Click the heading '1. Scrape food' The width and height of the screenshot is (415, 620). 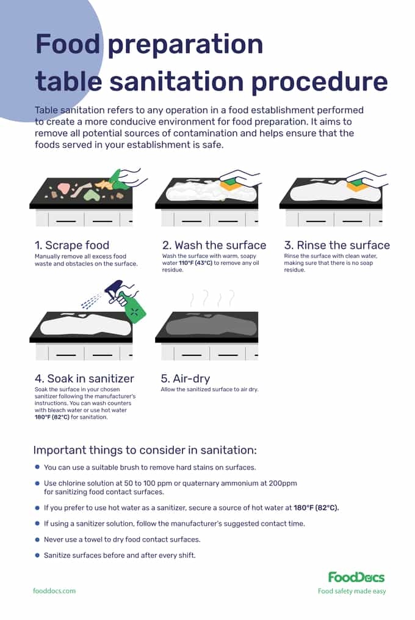tap(72, 245)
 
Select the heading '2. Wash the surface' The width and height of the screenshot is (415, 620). tap(214, 245)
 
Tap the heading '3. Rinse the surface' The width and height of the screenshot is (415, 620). tap(337, 245)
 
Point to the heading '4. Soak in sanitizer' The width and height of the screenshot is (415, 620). tap(84, 378)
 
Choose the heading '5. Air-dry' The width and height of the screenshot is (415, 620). tap(186, 378)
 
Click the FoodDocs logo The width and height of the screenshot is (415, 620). tap(356, 577)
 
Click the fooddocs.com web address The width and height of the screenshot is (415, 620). tap(54, 591)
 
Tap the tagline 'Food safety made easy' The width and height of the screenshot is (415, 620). tap(352, 591)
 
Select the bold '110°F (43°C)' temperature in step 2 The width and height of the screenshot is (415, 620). tap(195, 263)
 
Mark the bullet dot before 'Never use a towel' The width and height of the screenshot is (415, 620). tap(37, 539)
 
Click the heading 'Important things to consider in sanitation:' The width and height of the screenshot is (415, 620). tap(145, 450)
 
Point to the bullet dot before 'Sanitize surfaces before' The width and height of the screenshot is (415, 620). tap(37, 555)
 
